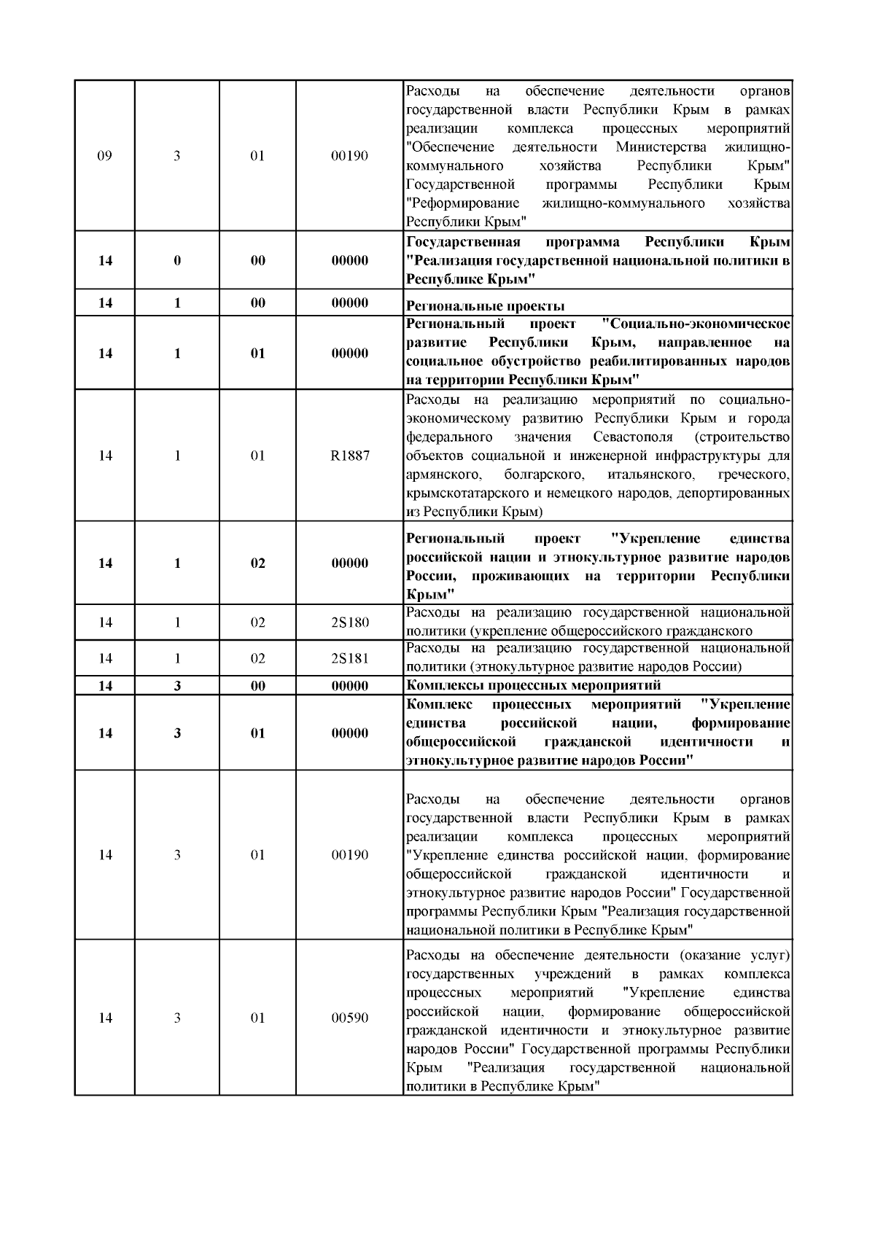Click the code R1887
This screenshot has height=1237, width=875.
point(350,456)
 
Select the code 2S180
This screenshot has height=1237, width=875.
point(350,623)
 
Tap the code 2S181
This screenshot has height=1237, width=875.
point(350,658)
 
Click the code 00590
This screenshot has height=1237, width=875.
point(350,1018)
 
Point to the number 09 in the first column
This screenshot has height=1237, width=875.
point(105,156)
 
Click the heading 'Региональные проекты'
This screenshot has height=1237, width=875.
point(485,306)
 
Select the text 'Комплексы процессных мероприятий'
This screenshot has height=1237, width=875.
point(533,685)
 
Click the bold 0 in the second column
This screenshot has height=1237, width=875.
point(177,261)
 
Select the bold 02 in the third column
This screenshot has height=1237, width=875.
point(258,563)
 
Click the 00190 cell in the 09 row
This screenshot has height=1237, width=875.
point(350,156)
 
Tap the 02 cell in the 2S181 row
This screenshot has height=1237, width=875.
point(258,658)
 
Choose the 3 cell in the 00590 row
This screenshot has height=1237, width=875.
point(177,1018)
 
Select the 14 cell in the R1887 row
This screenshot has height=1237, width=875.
point(105,456)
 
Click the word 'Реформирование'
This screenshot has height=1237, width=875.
point(463,203)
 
